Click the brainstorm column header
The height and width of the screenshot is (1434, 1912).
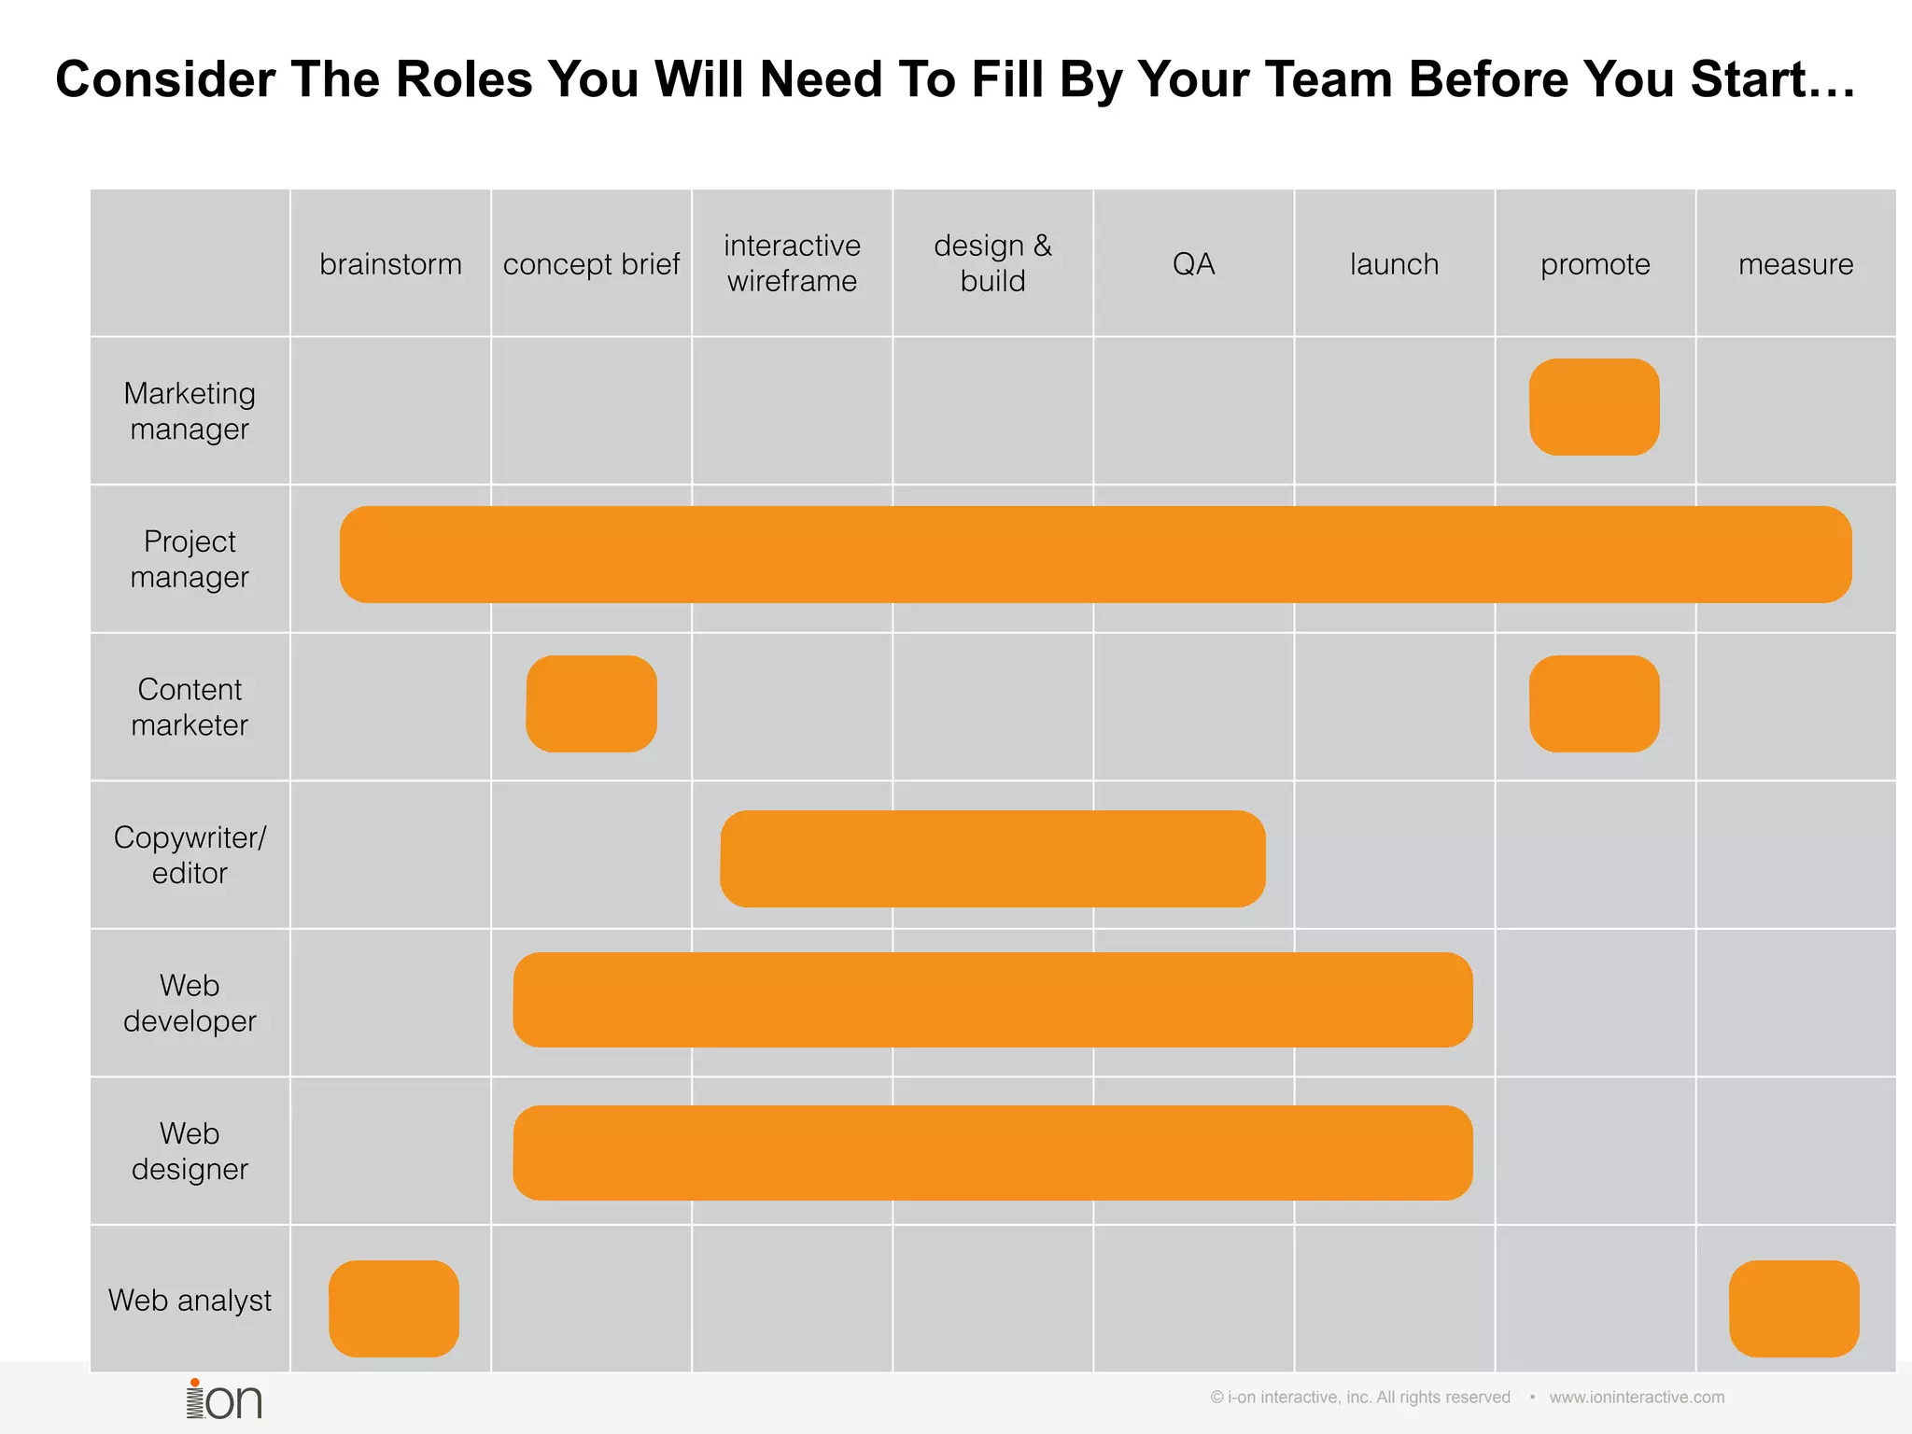pyautogui.click(x=390, y=264)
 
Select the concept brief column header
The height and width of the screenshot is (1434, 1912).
pyautogui.click(x=591, y=264)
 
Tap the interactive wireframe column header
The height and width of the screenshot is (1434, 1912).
pyautogui.click(x=792, y=263)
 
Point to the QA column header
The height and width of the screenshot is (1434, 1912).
pyautogui.click(x=1193, y=264)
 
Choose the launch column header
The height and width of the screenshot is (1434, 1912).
pyautogui.click(x=1394, y=264)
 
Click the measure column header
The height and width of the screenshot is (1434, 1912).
pyautogui.click(x=1795, y=264)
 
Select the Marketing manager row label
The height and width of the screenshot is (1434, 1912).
pyautogui.click(x=190, y=411)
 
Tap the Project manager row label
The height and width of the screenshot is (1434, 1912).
pyautogui.click(x=190, y=559)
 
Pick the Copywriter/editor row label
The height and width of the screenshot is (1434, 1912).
pyautogui.click(x=190, y=855)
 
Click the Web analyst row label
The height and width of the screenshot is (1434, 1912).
pyautogui.click(x=190, y=1300)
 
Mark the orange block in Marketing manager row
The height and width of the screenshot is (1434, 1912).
pyautogui.click(x=1594, y=407)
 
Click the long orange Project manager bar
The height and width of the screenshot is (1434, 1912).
pyautogui.click(x=1095, y=555)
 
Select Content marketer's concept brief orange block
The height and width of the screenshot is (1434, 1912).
pyautogui.click(x=591, y=704)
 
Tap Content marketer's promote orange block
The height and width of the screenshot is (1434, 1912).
pyautogui.click(x=1594, y=704)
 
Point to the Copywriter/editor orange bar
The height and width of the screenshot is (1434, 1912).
pyautogui.click(x=992, y=859)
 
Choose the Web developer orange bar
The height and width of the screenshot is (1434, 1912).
pyautogui.click(x=992, y=1000)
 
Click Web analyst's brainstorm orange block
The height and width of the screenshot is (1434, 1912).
pyautogui.click(x=393, y=1308)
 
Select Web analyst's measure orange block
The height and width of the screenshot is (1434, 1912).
pyautogui.click(x=1793, y=1308)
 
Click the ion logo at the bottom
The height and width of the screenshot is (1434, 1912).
pyautogui.click(x=224, y=1399)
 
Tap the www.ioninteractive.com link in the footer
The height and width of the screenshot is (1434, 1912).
pyautogui.click(x=1637, y=1398)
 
